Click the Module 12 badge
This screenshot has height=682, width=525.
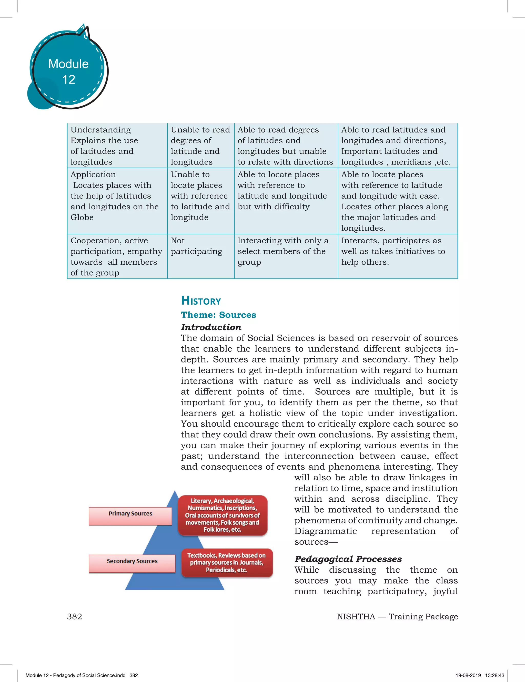(x=68, y=71)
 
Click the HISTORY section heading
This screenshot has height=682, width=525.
(x=201, y=301)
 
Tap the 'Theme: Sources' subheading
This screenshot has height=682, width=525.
(x=218, y=315)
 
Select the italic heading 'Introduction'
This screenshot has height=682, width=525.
(x=211, y=327)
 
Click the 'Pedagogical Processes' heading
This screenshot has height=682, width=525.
(x=348, y=559)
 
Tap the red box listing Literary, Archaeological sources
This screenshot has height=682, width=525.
(x=222, y=515)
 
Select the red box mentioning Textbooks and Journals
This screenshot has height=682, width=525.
(x=227, y=563)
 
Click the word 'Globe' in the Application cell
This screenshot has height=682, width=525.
(x=82, y=217)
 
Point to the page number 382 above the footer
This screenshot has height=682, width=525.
(x=74, y=616)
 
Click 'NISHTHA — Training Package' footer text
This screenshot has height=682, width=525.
(x=397, y=616)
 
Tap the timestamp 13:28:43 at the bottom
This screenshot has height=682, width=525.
(x=495, y=675)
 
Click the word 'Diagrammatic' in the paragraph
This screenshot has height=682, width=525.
(x=325, y=531)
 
